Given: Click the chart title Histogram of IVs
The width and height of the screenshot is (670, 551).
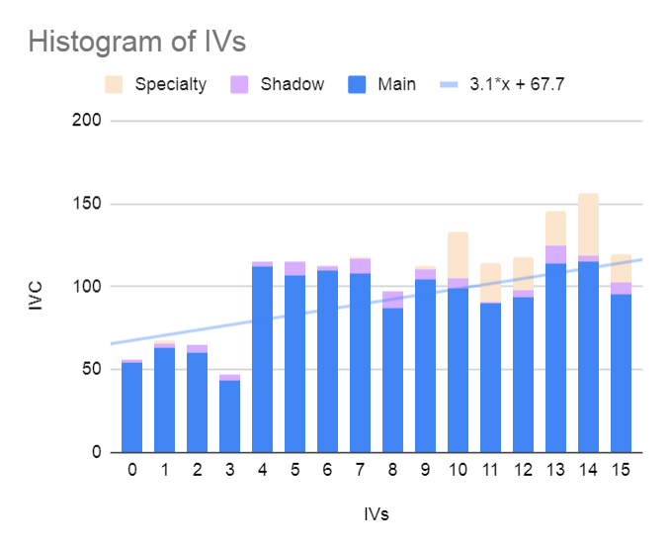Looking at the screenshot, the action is point(137,42).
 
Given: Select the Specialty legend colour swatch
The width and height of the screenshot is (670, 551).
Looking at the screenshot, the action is point(114,84).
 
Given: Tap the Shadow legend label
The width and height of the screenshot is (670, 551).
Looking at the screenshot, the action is point(293,84).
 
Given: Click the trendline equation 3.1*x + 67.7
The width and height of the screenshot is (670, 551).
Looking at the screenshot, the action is point(517,84).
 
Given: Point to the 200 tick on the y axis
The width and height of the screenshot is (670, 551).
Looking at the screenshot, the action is point(87,121).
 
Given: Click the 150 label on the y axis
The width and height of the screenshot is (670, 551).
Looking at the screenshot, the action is point(87,203).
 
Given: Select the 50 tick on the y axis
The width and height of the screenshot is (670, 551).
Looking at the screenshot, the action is point(92,369).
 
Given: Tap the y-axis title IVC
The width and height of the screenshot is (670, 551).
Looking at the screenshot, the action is point(36,295).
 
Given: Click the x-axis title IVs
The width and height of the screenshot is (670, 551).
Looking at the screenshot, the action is point(377,514).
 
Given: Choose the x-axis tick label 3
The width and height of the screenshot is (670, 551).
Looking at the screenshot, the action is point(230,470).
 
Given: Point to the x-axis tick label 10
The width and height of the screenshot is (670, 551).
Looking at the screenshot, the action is point(459,470).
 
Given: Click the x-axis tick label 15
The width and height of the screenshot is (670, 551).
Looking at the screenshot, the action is point(621,470).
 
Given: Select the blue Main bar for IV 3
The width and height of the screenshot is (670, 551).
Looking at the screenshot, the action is point(230,416).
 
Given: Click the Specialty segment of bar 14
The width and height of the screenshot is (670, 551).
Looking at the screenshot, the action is point(588,225).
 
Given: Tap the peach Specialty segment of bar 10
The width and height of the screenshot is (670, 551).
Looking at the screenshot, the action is point(459,255).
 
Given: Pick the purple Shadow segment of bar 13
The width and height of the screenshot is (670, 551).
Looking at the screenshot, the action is point(556,254).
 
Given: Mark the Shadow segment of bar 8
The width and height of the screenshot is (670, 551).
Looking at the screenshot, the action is point(392,300).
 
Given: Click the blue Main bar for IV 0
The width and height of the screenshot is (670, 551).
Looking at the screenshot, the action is point(132,408).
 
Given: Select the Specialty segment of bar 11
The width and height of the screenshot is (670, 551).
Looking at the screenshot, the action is point(490,283).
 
